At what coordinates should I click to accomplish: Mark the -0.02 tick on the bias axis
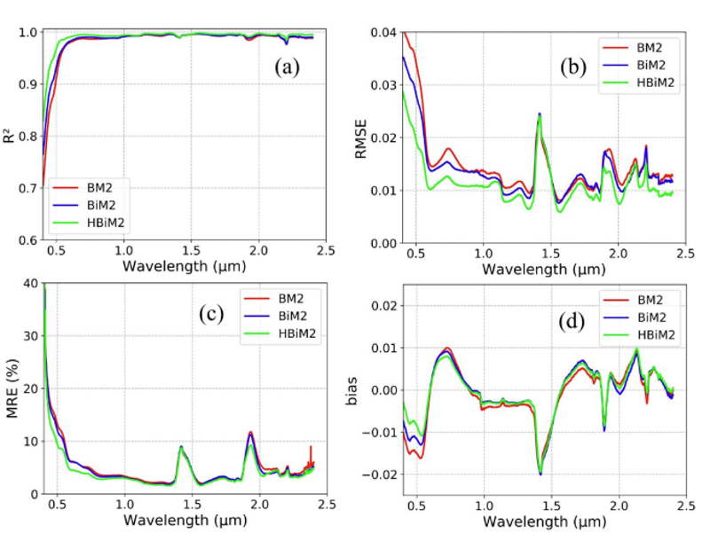(x=379, y=474)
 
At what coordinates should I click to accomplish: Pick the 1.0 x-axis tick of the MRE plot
(x=124, y=506)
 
